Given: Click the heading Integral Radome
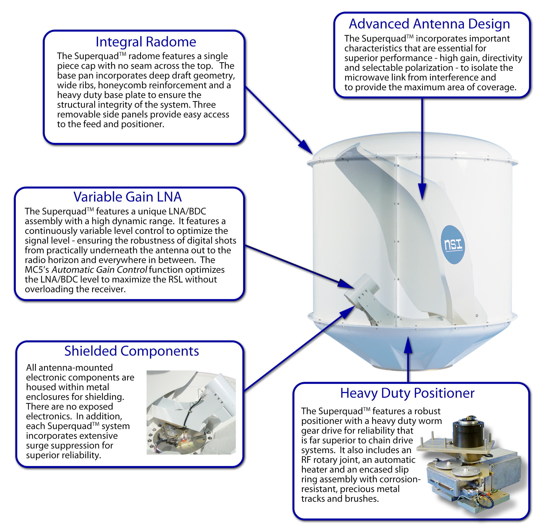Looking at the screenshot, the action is (x=146, y=42).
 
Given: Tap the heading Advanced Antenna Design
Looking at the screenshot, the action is (x=430, y=24).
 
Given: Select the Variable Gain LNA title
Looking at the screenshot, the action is (x=128, y=197).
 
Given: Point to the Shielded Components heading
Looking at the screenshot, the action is (x=132, y=351).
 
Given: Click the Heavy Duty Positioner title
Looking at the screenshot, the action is (x=407, y=393).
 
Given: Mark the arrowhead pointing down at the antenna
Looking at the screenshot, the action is (x=422, y=191).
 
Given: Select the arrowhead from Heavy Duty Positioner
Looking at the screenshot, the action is (x=408, y=345).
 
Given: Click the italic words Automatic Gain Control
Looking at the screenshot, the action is (x=99, y=270).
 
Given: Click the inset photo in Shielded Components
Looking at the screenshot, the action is (x=191, y=412).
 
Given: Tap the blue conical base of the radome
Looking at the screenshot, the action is (x=413, y=346).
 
